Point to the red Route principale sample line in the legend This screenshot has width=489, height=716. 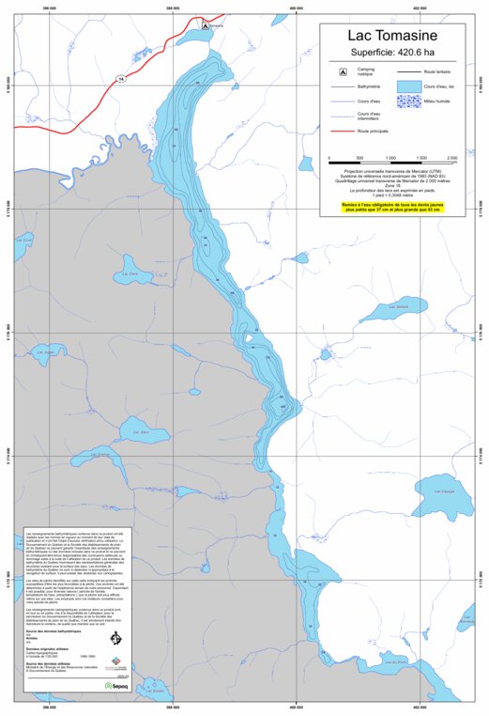pyautogui.click(x=342, y=131)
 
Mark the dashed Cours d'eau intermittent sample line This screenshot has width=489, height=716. pyautogui.click(x=342, y=117)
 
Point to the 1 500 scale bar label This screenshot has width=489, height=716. pyautogui.click(x=420, y=157)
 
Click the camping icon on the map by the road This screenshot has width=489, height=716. pyautogui.click(x=205, y=26)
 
